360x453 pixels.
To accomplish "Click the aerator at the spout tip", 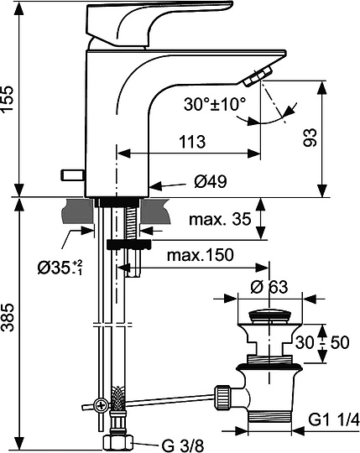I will coord(255,78).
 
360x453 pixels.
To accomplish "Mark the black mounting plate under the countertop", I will coord(128,244).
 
